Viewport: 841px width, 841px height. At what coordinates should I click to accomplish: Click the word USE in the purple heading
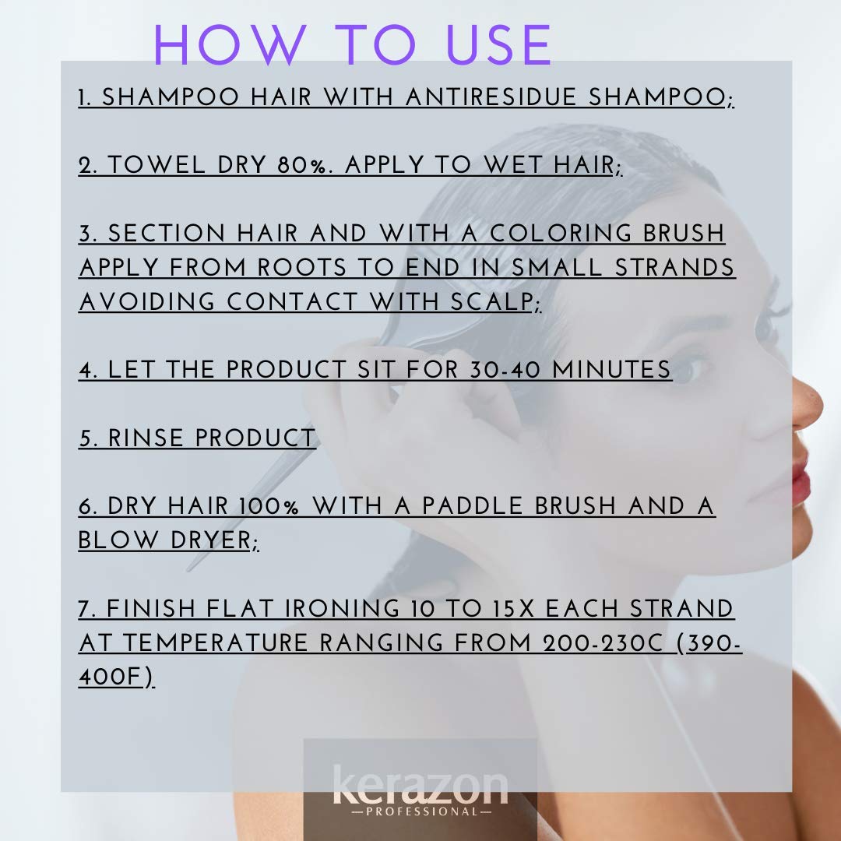(498, 45)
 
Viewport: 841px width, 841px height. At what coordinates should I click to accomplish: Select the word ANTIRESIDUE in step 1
(491, 97)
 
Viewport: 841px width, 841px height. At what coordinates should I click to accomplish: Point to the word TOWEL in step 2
(157, 164)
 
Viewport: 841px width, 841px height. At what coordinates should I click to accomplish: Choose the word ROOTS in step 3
(302, 268)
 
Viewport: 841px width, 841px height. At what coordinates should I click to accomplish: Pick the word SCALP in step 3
(491, 302)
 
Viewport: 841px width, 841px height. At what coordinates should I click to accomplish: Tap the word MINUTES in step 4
(611, 370)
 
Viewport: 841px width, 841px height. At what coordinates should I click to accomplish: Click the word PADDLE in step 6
(472, 506)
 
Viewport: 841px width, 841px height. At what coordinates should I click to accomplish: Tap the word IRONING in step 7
(342, 609)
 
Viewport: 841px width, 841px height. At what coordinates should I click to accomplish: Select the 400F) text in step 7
(116, 677)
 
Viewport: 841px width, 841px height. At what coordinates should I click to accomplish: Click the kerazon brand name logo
(420, 785)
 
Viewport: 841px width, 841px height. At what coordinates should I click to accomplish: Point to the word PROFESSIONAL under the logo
(421, 812)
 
